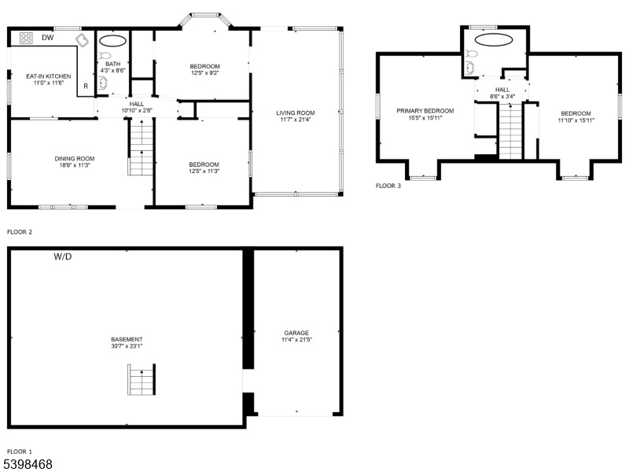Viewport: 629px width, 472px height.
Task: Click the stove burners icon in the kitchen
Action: click(26, 38)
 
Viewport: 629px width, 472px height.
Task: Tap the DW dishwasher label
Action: click(48, 38)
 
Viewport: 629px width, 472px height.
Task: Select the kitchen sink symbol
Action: click(83, 40)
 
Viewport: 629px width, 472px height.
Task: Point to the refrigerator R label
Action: click(86, 86)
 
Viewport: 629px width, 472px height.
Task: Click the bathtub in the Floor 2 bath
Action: click(112, 41)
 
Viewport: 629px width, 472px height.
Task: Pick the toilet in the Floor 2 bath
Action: click(105, 55)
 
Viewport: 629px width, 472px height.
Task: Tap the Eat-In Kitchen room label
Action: click(49, 76)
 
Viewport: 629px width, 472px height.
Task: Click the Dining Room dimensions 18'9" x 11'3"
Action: click(75, 165)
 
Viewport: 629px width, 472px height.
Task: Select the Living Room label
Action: click(296, 112)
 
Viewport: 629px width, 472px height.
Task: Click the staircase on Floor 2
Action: click(141, 147)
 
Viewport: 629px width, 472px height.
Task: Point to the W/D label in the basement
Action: click(63, 256)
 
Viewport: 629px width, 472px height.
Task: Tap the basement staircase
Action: click(142, 380)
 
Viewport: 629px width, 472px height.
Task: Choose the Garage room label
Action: click(296, 333)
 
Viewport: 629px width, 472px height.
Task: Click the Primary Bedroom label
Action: click(425, 111)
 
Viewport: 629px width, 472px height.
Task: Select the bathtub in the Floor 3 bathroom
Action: click(494, 40)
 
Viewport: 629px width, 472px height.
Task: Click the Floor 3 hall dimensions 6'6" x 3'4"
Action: click(502, 96)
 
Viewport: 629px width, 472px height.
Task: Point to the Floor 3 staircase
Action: click(510, 131)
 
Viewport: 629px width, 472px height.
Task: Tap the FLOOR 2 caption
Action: click(20, 232)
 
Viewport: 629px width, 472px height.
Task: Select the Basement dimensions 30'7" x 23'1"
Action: click(127, 346)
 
